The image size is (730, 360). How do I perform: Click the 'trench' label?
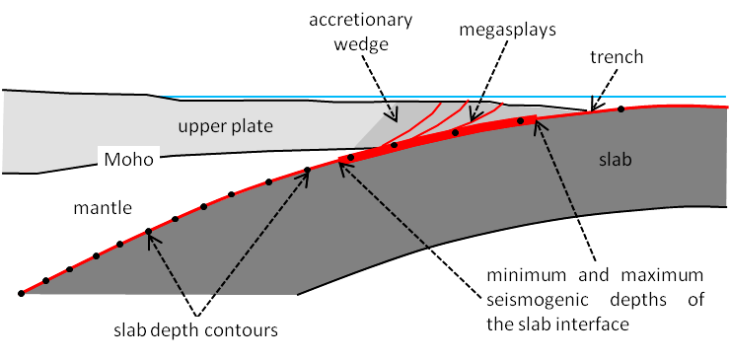click(x=618, y=58)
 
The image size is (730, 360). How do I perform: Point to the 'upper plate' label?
click(x=225, y=126)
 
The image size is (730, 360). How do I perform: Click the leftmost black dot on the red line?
click(x=21, y=293)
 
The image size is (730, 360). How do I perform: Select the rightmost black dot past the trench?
click(x=620, y=109)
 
